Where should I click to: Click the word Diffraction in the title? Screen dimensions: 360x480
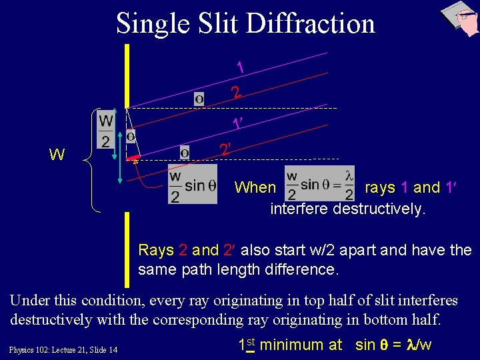coord(310,23)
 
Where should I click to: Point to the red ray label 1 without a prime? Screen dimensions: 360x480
coord(240,67)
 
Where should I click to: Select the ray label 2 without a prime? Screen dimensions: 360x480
coord(235,92)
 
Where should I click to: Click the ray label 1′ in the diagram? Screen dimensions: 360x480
coord(237,123)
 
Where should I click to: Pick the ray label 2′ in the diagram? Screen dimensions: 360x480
coord(225,149)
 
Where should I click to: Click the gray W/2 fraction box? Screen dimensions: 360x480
coord(106,130)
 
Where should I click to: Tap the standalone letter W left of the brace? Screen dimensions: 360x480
coord(57,156)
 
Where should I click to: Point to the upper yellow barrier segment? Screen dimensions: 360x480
coord(127,73)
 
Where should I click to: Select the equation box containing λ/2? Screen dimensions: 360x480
coord(319,184)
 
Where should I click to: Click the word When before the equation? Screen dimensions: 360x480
coord(255,188)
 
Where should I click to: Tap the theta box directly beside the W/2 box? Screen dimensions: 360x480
coord(131,136)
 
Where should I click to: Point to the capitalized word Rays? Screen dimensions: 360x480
coord(156,251)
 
